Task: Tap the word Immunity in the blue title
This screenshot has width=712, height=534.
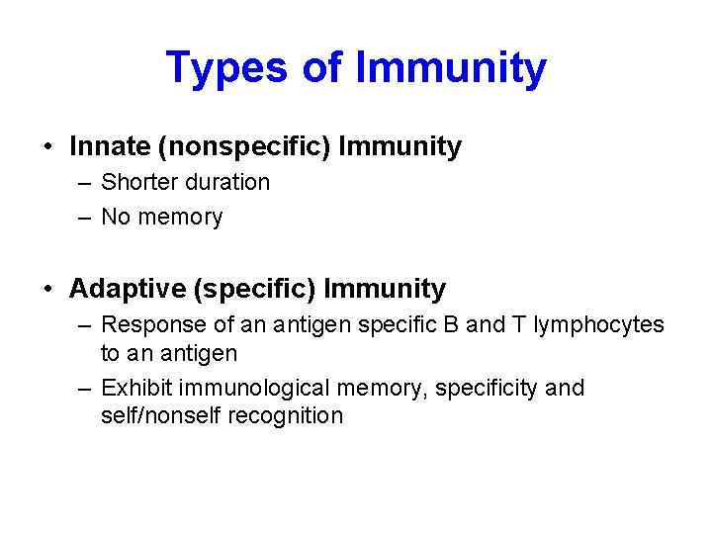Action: pos(450,68)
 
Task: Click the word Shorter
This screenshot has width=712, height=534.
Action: pos(139,182)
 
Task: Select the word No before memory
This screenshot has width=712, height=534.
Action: pos(116,217)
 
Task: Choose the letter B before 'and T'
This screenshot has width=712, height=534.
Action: pos(450,324)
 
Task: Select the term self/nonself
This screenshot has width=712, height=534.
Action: pos(161,415)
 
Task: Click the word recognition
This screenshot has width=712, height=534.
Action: pos(286,415)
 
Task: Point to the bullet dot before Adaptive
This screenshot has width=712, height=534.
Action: pos(48,290)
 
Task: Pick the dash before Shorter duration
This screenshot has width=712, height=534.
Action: pos(84,183)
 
